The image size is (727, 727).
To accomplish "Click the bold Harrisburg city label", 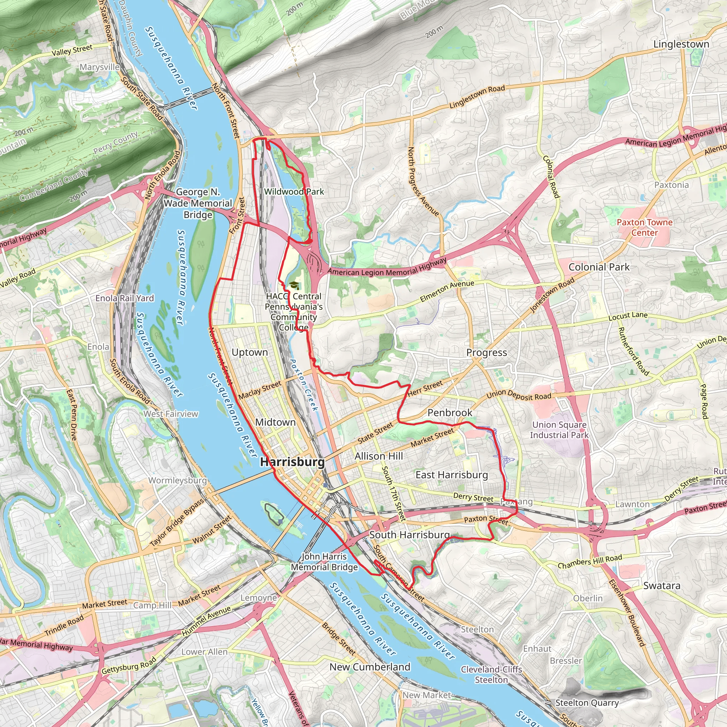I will pyautogui.click(x=293, y=462).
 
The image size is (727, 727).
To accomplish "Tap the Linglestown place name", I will pyautogui.click(x=681, y=44).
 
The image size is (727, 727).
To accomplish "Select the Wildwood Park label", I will pyautogui.click(x=294, y=192).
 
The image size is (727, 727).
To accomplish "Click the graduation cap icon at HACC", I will pyautogui.click(x=294, y=286).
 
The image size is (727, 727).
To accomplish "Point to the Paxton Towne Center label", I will pyautogui.click(x=645, y=227).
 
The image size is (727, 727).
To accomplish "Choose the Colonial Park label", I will pyautogui.click(x=599, y=267).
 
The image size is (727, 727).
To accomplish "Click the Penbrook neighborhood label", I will pyautogui.click(x=450, y=413).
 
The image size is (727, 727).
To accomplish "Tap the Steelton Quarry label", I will pyautogui.click(x=587, y=703).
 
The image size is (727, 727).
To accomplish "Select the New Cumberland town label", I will pyautogui.click(x=370, y=667).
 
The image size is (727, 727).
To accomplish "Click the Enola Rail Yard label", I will pyautogui.click(x=125, y=299).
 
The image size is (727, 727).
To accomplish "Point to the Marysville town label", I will pyautogui.click(x=100, y=67).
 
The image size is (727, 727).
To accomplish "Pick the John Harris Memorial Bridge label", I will pyautogui.click(x=324, y=562).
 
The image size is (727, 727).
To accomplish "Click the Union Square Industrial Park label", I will pyautogui.click(x=559, y=430).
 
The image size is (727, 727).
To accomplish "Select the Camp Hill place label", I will pyautogui.click(x=152, y=606).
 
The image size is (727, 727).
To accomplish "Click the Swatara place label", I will pyautogui.click(x=662, y=586).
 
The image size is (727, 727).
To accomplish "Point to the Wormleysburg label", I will pyautogui.click(x=177, y=481).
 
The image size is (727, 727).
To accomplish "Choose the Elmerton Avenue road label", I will pyautogui.click(x=447, y=291).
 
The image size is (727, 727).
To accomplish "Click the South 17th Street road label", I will pyautogui.click(x=394, y=493).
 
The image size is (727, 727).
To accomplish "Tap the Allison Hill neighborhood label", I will pyautogui.click(x=378, y=456).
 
